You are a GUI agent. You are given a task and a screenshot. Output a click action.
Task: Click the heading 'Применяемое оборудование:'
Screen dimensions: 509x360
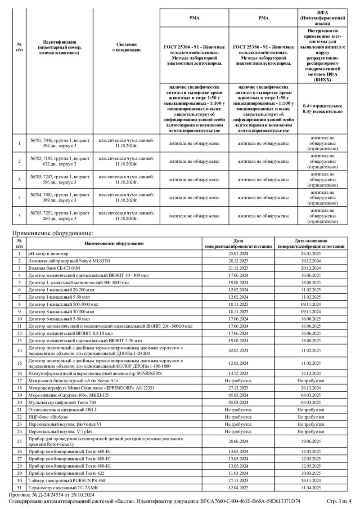(x=52, y=233)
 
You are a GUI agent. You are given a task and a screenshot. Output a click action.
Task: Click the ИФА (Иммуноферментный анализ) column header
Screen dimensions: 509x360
(x=323, y=18)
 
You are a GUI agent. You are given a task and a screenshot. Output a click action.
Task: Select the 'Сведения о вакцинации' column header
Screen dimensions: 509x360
(x=126, y=47)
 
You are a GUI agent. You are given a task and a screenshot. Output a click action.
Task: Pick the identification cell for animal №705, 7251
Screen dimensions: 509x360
(x=60, y=216)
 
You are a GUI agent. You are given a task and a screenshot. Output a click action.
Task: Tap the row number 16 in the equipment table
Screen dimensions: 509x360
(x=19, y=373)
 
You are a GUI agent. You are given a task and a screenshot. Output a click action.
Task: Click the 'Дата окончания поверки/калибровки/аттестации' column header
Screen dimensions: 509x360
(x=311, y=243)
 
